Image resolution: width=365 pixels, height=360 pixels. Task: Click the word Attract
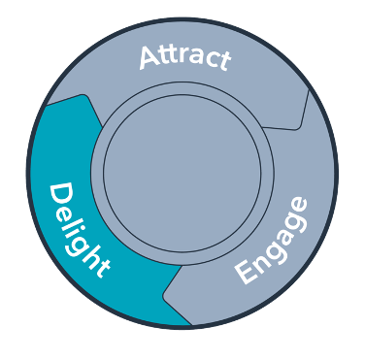click(x=184, y=56)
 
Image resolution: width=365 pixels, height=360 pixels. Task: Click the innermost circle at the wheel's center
click(x=182, y=174)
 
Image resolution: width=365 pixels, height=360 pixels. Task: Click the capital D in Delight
click(x=59, y=193)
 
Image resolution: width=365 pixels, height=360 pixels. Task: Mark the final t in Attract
click(x=224, y=61)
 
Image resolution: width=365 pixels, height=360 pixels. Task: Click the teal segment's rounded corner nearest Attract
click(x=84, y=98)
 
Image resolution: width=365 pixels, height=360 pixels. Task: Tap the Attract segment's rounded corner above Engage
click(x=297, y=124)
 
